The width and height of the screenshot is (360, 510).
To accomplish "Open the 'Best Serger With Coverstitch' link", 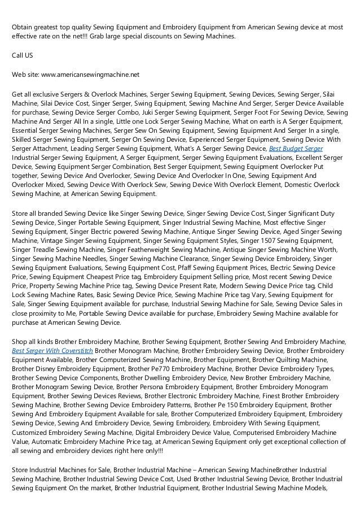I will (x=52, y=351).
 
